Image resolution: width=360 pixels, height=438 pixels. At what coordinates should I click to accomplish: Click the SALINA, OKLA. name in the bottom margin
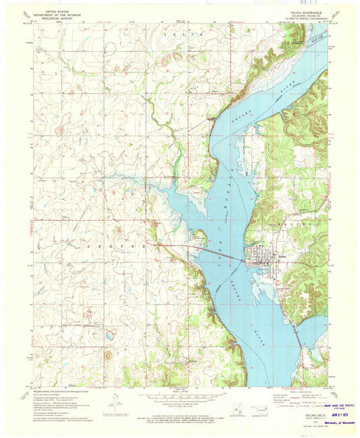(313, 406)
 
